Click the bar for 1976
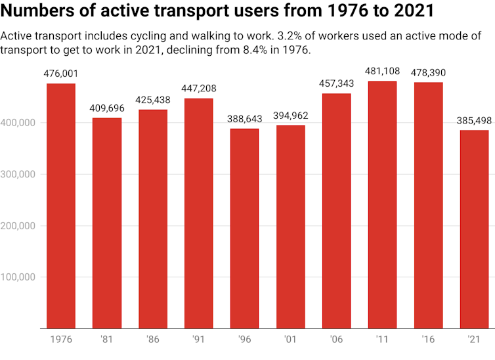(x=60, y=206)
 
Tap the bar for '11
(x=382, y=204)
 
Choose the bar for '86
(x=152, y=219)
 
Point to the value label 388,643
(x=244, y=120)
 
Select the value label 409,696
(x=106, y=108)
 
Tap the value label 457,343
(x=336, y=84)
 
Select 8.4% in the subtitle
(x=259, y=51)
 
